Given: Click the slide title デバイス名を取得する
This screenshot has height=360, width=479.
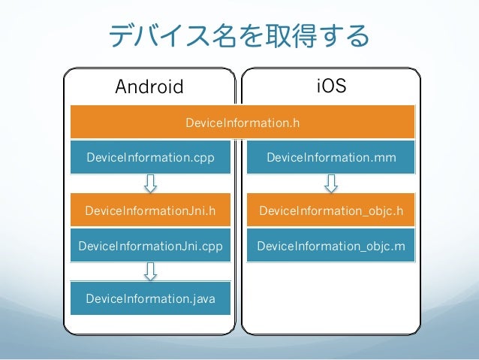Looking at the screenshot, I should click(239, 36).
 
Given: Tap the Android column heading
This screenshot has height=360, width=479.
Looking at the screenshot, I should click(149, 87).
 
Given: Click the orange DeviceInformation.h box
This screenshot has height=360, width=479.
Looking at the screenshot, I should click(243, 122).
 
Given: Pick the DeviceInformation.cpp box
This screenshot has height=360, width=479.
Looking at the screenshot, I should click(150, 158).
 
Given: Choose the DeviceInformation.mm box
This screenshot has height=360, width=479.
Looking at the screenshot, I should click(331, 158).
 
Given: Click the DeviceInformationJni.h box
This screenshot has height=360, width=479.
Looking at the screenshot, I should click(150, 211).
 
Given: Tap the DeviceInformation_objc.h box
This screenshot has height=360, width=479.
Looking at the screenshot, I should click(331, 211).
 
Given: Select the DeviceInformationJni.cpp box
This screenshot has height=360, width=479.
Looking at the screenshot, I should click(150, 246).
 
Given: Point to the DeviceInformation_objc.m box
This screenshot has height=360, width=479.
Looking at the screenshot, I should click(331, 246).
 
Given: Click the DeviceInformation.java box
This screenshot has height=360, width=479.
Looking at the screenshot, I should click(150, 298).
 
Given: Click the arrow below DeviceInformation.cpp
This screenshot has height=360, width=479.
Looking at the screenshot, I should click(150, 183).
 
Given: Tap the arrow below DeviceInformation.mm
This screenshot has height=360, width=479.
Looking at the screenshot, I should click(331, 183).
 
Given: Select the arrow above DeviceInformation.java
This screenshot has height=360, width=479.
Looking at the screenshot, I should click(150, 271).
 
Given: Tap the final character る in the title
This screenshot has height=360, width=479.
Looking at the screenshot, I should click(358, 36).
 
